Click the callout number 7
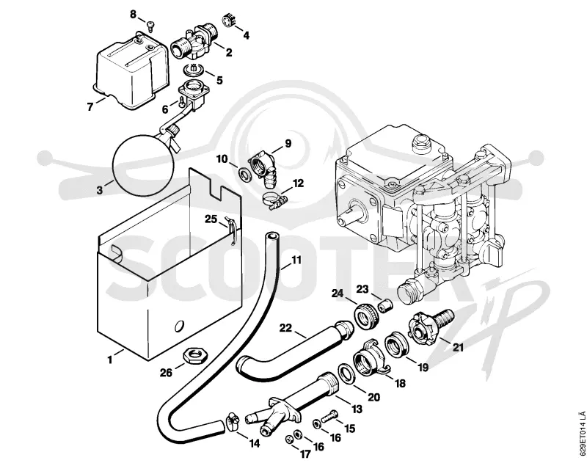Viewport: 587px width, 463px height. (90, 106)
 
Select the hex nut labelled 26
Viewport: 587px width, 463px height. (194, 355)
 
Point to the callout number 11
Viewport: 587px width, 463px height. (296, 260)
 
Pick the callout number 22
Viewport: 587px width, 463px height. (285, 328)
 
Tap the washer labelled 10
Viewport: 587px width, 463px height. (245, 174)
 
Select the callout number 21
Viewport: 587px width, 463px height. (458, 347)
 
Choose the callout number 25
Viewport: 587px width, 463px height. (211, 219)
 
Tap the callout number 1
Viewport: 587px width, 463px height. (109, 360)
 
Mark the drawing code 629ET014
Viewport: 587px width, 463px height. (580, 432)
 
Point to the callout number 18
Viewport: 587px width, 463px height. (400, 383)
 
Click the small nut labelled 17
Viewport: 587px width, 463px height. (289, 439)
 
